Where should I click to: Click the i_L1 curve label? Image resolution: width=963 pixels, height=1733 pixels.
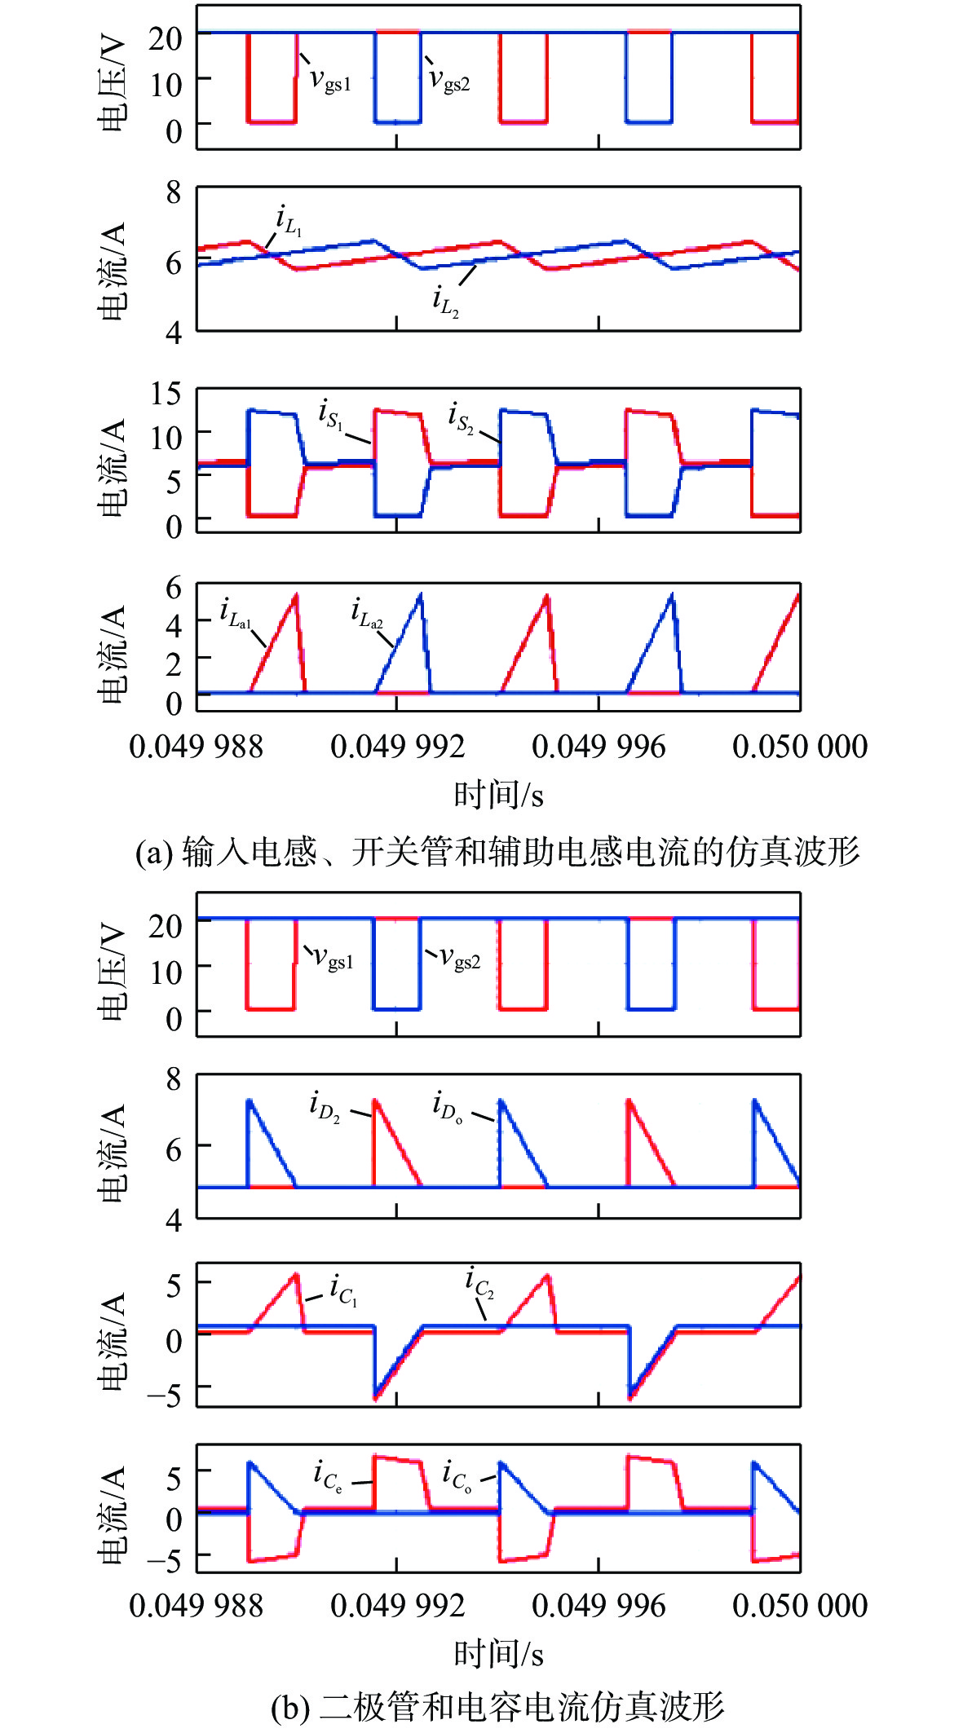coord(289,221)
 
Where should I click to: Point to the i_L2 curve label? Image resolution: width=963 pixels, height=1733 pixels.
coord(445,302)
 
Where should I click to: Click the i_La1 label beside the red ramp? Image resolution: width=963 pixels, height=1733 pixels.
coord(235,613)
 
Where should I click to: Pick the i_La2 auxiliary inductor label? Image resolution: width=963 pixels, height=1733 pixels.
coord(366,613)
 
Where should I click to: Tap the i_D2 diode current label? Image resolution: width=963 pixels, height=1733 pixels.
coord(325,1107)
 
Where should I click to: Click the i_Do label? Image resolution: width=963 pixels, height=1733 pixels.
coord(448,1108)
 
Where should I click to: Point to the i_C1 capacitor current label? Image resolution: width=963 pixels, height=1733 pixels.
coord(343,1290)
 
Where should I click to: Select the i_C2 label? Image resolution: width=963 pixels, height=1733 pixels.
coord(479,1281)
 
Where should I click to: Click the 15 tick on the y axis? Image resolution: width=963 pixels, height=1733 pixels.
coord(166,394)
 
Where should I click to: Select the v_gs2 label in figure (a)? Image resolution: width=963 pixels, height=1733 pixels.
coord(449,79)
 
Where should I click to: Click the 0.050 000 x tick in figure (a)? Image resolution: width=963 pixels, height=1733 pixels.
coord(800,747)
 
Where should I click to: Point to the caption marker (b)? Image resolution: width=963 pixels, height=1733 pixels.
coord(289,1707)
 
